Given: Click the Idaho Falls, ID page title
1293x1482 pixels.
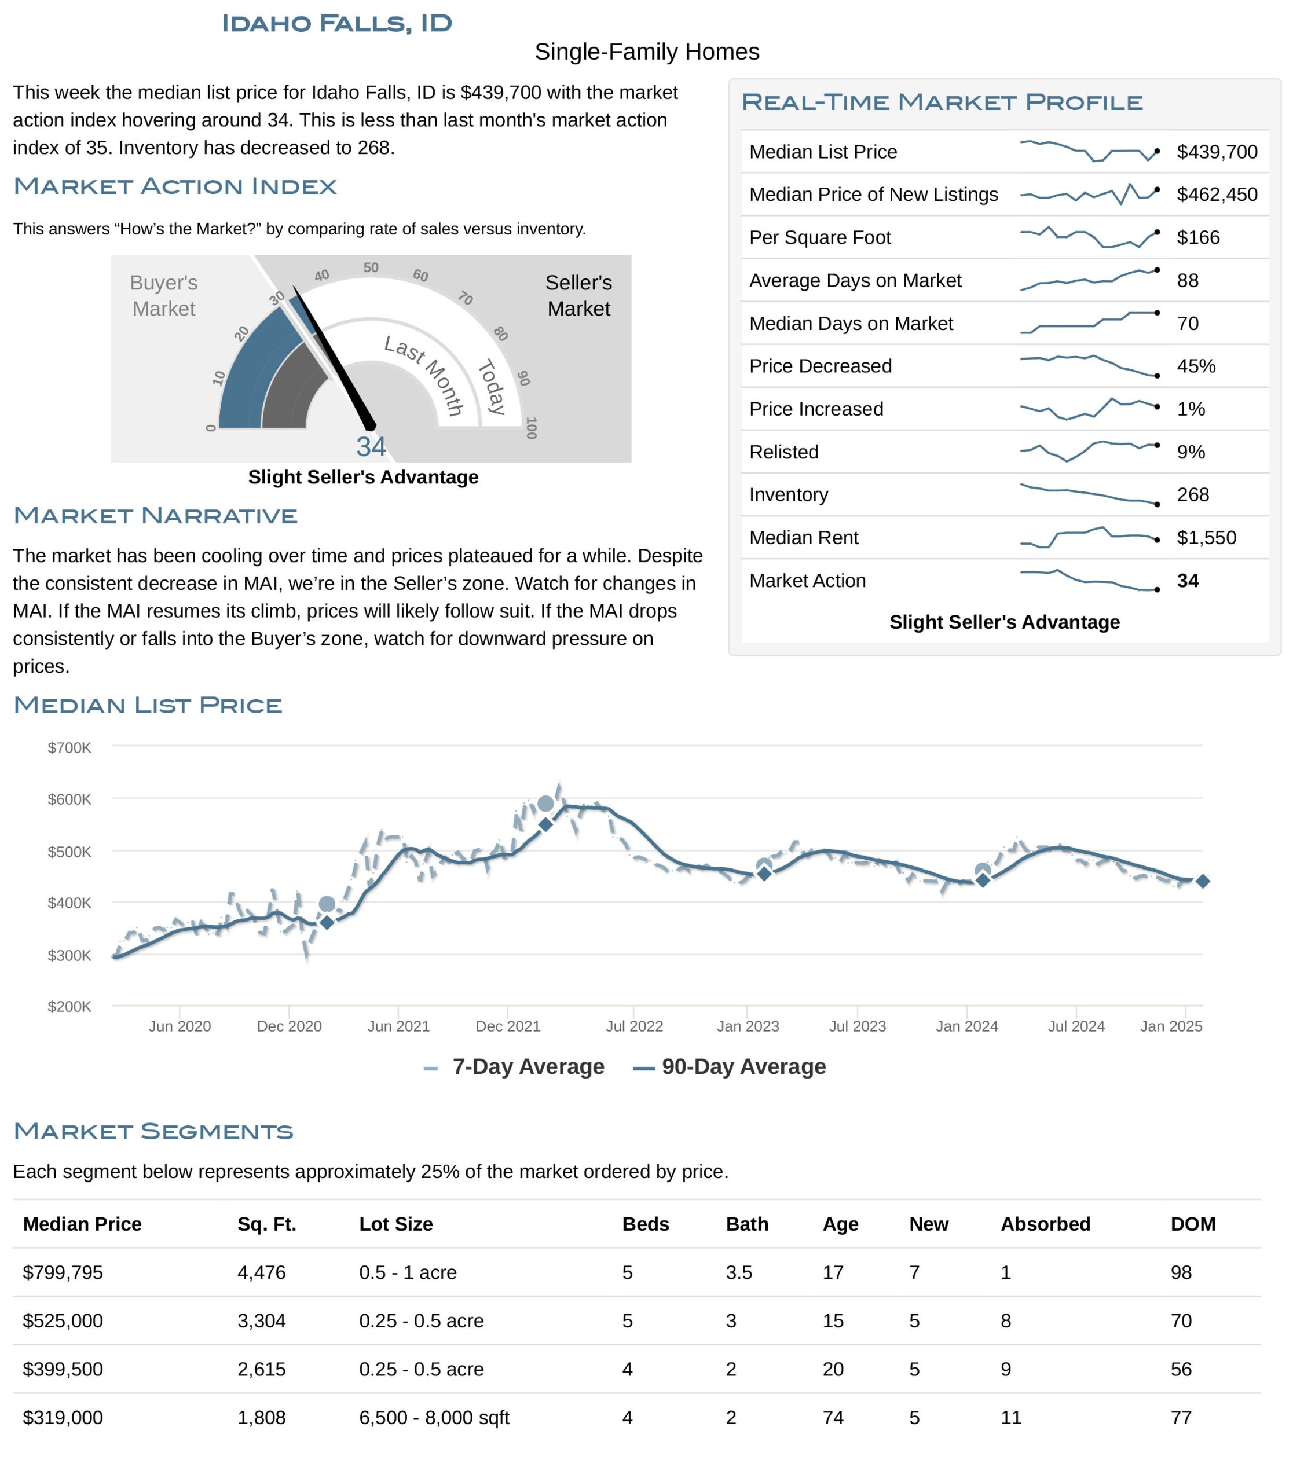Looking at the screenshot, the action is coord(336,23).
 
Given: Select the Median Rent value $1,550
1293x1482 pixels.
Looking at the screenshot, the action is coord(1206,538).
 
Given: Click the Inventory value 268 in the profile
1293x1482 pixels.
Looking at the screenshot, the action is coord(1193,494).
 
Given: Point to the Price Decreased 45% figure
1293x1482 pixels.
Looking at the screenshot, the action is coord(1196,366).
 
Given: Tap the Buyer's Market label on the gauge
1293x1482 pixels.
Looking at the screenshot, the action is coord(164,295).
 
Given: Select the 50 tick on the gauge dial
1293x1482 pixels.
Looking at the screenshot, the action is coord(371,267).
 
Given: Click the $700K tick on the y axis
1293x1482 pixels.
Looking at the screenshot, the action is coord(69,747).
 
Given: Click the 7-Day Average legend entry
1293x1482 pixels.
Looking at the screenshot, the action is coord(514,1066).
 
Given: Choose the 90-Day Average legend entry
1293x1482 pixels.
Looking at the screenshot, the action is coord(729,1066).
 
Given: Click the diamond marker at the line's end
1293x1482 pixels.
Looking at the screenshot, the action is coord(1202,881).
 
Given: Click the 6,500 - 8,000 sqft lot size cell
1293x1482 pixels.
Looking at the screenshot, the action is coord(434,1417).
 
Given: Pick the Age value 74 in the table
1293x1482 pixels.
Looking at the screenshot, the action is coord(833,1417).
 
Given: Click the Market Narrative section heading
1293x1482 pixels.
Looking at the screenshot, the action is coord(155,515).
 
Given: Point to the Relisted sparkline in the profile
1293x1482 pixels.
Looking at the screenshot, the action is coord(1089,452).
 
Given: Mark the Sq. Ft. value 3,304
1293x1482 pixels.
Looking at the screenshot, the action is coord(261,1320).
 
